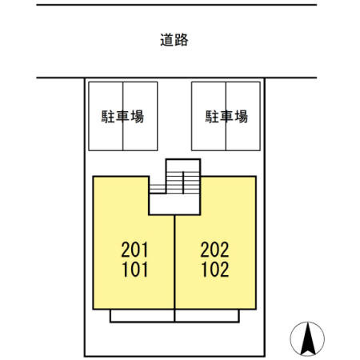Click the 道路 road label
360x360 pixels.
(174, 40)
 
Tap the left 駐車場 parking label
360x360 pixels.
(122, 117)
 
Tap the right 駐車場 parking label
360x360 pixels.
(226, 117)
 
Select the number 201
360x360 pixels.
(134, 250)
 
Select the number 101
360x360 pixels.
(134, 270)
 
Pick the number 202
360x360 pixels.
(214, 250)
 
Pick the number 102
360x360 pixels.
(215, 270)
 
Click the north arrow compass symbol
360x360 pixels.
(307, 338)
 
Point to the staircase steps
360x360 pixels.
(174, 182)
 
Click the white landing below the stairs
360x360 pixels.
(174, 204)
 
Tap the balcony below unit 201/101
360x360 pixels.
(142, 316)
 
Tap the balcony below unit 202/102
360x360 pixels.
(207, 316)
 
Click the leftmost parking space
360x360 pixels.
(106, 116)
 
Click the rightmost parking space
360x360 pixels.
(243, 116)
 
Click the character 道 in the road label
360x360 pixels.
(167, 40)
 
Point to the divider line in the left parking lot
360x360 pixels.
(123, 116)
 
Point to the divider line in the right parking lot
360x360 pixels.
(226, 116)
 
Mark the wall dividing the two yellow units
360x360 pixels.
(174, 262)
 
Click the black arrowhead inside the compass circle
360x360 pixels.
(308, 338)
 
